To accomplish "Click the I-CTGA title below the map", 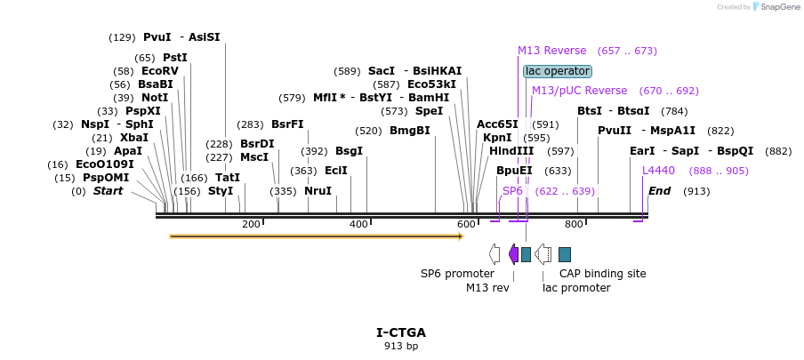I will click(x=401, y=332).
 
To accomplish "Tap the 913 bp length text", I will click(x=401, y=346).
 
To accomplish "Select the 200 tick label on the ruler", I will click(x=251, y=224).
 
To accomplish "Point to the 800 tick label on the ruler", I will click(x=574, y=224).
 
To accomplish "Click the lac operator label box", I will click(x=558, y=71).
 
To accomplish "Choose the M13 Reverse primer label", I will click(x=551, y=51).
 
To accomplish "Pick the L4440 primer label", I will click(x=659, y=170).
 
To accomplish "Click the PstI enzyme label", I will click(x=174, y=57).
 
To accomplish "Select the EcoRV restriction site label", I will click(x=159, y=71).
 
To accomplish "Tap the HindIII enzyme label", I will click(x=511, y=151).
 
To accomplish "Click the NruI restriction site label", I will click(x=318, y=190).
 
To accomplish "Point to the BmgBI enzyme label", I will click(x=410, y=130).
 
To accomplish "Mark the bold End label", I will click(x=659, y=190).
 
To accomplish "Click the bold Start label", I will click(x=109, y=190).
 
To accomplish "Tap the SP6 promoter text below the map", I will click(x=457, y=273).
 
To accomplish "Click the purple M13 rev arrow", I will click(x=513, y=254).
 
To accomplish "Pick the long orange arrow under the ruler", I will click(x=316, y=236).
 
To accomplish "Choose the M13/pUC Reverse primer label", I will click(x=579, y=91).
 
